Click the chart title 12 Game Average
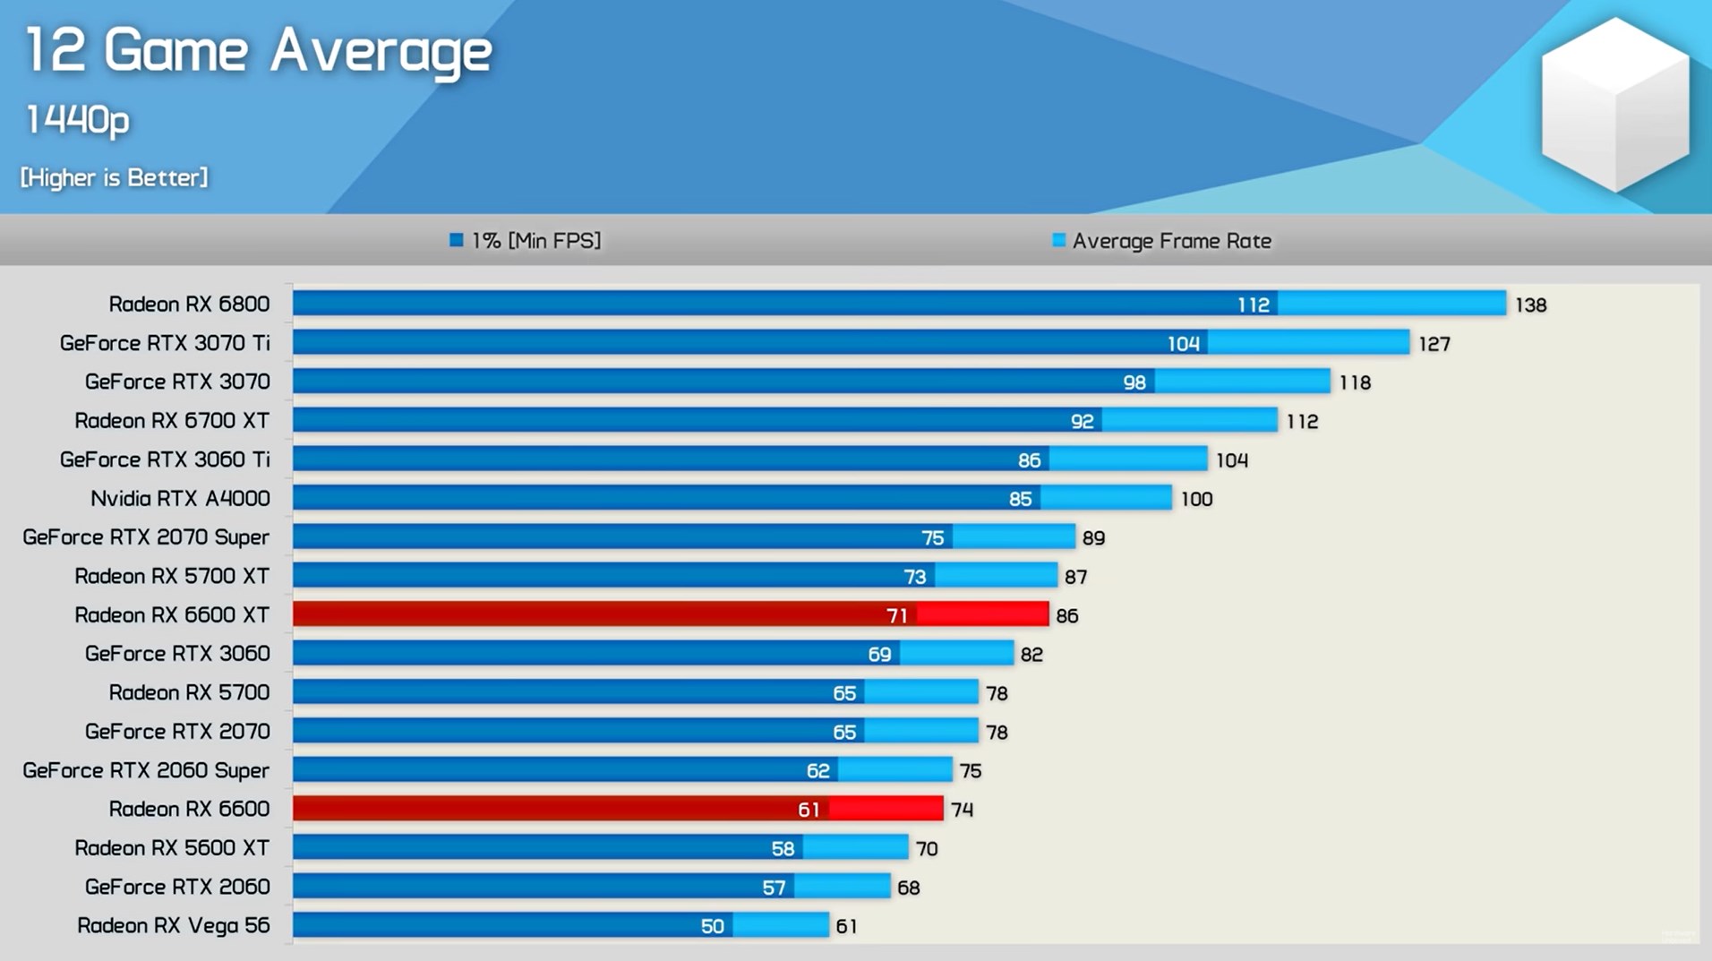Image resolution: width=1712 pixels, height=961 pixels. (x=258, y=50)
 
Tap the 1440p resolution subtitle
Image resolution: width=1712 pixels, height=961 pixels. (x=78, y=120)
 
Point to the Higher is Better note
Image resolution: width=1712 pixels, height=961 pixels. (x=114, y=177)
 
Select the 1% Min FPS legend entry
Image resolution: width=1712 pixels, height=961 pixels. (x=526, y=240)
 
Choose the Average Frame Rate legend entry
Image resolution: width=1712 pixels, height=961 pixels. (x=1162, y=241)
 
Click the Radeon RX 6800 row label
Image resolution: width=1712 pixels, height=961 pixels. (x=189, y=305)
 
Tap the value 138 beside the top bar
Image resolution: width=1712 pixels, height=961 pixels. (x=1530, y=305)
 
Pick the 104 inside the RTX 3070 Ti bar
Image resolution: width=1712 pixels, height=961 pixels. (x=1183, y=343)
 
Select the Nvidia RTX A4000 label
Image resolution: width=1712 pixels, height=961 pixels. (x=180, y=499)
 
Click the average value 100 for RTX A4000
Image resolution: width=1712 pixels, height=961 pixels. (x=1196, y=500)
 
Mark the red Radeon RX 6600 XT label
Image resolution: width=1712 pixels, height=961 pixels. (x=172, y=615)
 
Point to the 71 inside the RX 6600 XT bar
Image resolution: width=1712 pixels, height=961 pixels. (x=897, y=615)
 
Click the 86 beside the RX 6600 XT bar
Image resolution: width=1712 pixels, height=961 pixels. (x=1066, y=616)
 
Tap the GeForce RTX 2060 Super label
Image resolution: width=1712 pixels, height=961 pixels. (x=146, y=770)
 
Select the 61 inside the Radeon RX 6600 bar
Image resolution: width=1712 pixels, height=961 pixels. (x=809, y=810)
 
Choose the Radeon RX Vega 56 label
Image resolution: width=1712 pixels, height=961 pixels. (x=174, y=925)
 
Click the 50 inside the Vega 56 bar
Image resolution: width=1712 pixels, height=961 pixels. (x=712, y=926)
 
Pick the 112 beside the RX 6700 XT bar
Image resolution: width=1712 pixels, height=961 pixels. (x=1302, y=422)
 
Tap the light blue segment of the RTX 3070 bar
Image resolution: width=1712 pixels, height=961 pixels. (x=1242, y=382)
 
